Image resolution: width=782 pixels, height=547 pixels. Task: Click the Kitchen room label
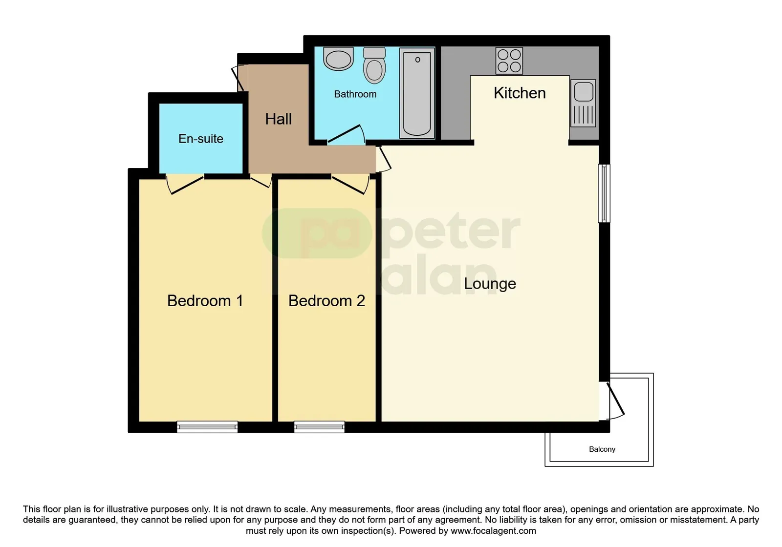pos(520,93)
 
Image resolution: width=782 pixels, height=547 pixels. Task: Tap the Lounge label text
pos(490,284)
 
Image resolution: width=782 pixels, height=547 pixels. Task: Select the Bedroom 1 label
pos(205,301)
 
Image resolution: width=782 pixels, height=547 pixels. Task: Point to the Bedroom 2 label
pos(326,301)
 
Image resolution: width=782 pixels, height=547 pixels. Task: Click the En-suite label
pos(201,139)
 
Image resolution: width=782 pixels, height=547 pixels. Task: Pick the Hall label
pos(278,119)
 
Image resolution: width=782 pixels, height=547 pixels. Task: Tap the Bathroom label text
pos(355,94)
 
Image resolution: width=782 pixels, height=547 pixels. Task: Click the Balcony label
pos(602,449)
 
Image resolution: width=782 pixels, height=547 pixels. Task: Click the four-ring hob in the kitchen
pos(509,61)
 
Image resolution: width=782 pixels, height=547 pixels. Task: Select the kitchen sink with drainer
pos(583,103)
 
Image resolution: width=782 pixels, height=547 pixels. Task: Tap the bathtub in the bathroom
pos(417,93)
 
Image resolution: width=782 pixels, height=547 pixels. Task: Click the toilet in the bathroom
pos(374,65)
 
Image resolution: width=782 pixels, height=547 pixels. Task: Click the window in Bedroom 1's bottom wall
pos(207,427)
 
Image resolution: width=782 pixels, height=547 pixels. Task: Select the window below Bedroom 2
pos(319,427)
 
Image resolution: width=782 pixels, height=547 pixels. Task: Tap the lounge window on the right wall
pos(604,193)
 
